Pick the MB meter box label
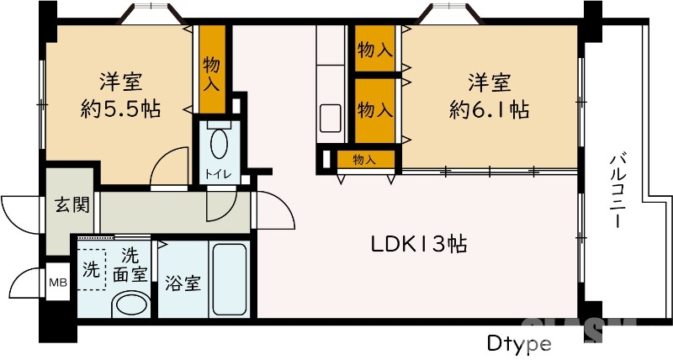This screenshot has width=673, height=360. (x=58, y=282)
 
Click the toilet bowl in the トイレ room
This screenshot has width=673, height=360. (x=218, y=143)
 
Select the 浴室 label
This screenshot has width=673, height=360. (x=183, y=283)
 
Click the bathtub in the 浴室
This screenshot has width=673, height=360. (x=230, y=279)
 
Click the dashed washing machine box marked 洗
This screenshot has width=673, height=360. (x=91, y=270)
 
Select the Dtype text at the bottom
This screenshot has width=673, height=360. (x=518, y=344)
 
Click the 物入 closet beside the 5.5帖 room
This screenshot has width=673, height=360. (x=211, y=71)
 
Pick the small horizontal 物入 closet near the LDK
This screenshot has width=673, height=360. (x=363, y=159)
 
